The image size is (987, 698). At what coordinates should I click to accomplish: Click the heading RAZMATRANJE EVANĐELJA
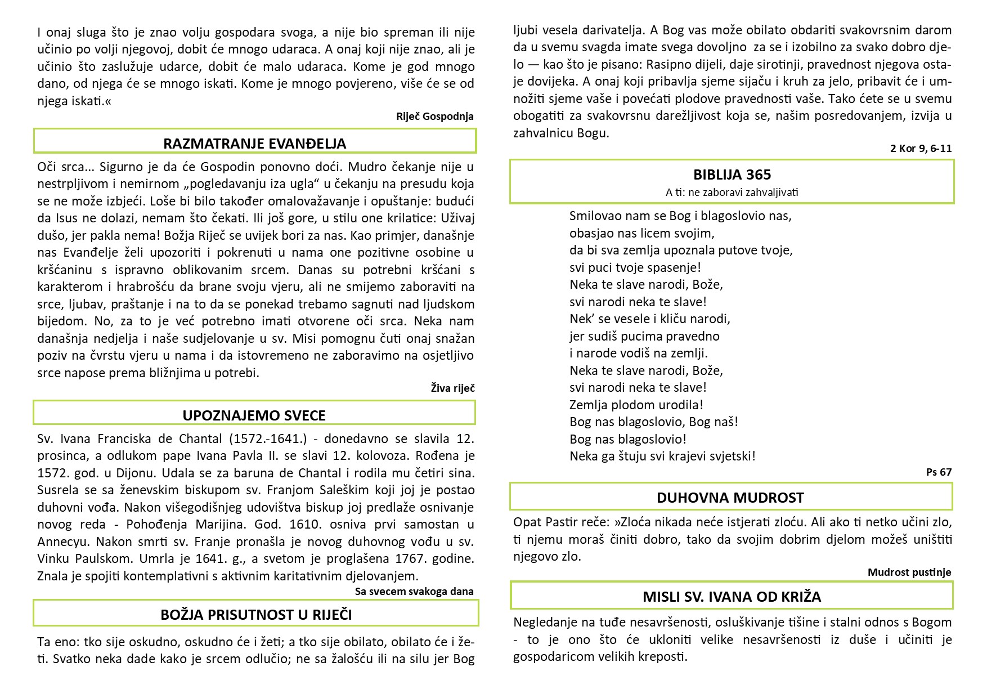pyautogui.click(x=254, y=144)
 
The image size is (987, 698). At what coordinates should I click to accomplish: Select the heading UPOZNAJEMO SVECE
pyautogui.click(x=254, y=415)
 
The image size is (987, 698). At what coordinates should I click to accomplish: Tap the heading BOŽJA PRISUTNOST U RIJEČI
pyautogui.click(x=256, y=615)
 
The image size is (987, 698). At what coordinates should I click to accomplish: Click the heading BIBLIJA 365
pyautogui.click(x=732, y=174)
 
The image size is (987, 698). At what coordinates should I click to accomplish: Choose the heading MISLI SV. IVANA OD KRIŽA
pyautogui.click(x=732, y=597)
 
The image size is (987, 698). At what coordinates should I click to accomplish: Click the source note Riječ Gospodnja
pyautogui.click(x=434, y=117)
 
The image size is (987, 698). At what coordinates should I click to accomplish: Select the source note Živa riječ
pyautogui.click(x=452, y=388)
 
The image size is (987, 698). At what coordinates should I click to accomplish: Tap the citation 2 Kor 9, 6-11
pyautogui.click(x=921, y=149)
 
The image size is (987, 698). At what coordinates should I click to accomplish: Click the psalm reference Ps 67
pyautogui.click(x=939, y=472)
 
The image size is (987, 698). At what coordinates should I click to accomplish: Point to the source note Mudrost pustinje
pyautogui.click(x=909, y=572)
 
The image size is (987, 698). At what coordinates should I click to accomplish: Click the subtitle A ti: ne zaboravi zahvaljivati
pyautogui.click(x=732, y=192)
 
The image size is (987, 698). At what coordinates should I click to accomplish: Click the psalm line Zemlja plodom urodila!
pyautogui.click(x=636, y=405)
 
